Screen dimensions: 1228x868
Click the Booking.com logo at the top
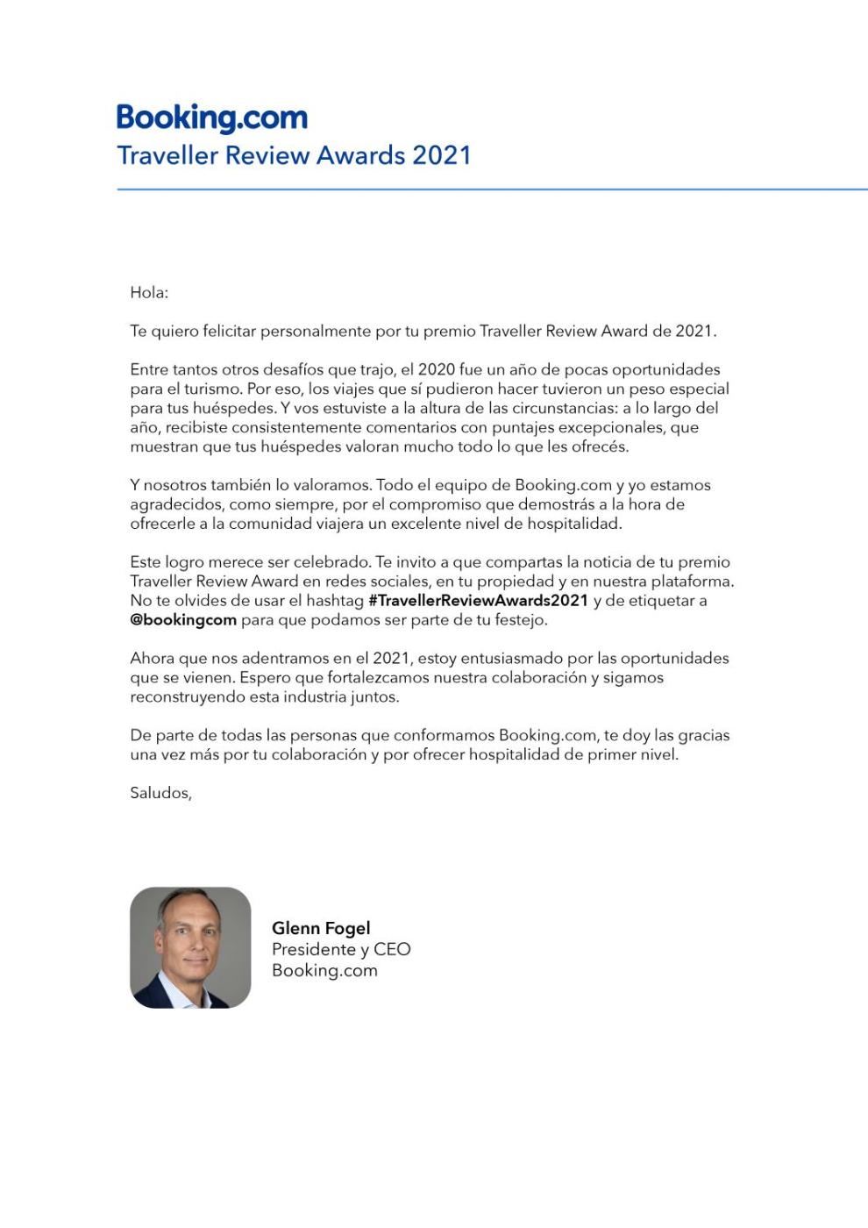coord(211,118)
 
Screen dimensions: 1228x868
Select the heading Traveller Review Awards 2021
coord(294,155)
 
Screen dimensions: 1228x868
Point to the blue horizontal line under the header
coord(491,189)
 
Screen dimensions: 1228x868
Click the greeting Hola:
coord(149,293)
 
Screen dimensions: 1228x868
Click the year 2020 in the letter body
coord(436,369)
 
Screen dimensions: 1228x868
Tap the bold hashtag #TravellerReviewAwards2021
coord(478,601)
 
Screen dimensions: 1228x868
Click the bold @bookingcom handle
coord(183,620)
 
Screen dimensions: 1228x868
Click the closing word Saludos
coord(160,793)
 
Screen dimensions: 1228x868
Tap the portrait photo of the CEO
coord(190,947)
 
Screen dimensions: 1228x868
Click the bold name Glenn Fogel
coord(321,928)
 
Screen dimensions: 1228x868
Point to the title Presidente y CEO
coord(341,949)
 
